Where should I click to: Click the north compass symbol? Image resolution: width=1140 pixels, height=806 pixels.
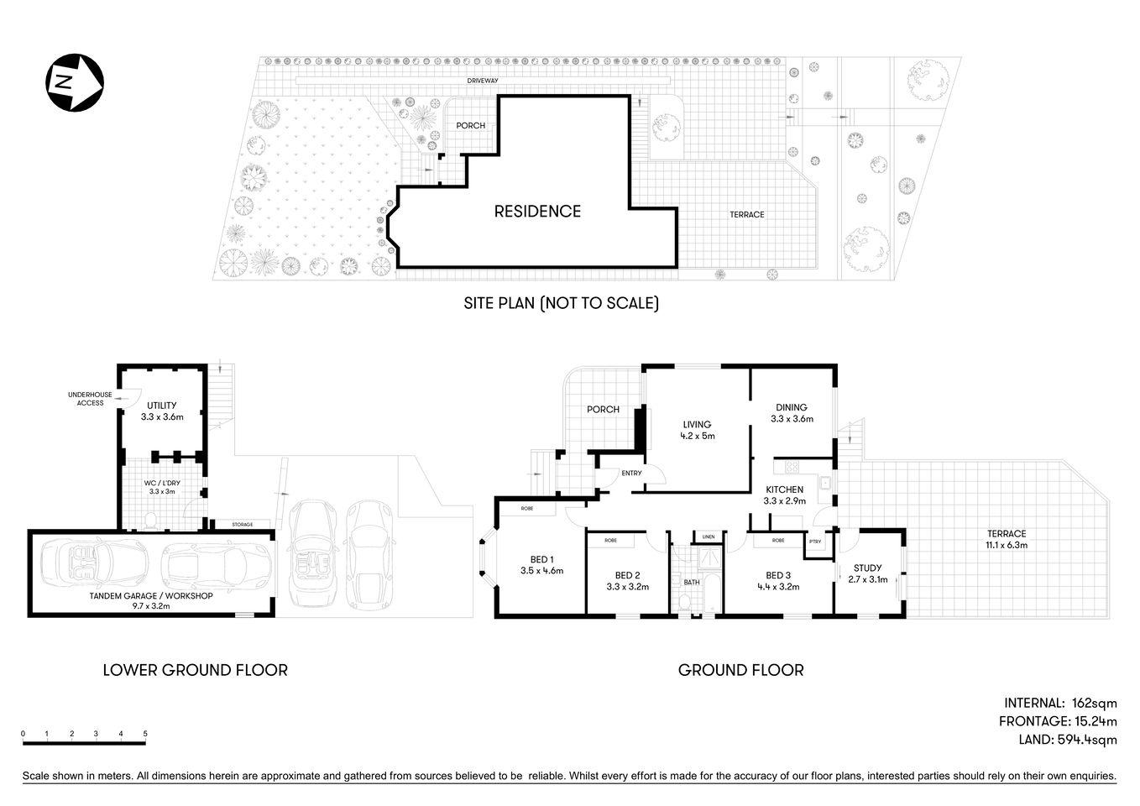[x=74, y=81]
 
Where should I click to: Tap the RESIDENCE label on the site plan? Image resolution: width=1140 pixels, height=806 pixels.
[x=537, y=212]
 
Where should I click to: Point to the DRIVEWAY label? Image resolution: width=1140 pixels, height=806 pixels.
[x=484, y=81]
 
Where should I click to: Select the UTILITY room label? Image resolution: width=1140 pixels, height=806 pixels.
[x=161, y=406]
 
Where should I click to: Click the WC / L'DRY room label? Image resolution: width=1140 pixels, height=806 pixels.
[x=162, y=483]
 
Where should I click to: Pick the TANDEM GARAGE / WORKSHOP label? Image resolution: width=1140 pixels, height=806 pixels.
[x=151, y=596]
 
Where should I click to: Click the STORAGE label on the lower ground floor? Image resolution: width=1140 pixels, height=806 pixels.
[x=243, y=525]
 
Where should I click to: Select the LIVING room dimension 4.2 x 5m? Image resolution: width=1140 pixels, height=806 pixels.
[x=697, y=436]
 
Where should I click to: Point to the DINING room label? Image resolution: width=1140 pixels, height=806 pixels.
[x=791, y=408]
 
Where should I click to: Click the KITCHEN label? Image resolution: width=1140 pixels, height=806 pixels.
[x=784, y=489]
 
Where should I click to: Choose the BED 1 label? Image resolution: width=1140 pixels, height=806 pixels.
[x=541, y=560]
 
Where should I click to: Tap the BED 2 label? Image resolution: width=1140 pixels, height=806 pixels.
[x=627, y=576]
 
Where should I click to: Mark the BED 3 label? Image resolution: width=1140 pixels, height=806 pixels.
[x=778, y=576]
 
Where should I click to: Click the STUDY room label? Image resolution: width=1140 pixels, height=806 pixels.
[x=867, y=568]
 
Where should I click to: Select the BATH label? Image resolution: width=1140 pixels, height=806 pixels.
[x=692, y=582]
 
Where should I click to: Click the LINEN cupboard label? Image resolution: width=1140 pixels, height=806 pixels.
[x=709, y=536]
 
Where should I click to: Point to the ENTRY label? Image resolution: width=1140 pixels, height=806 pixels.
[x=631, y=474]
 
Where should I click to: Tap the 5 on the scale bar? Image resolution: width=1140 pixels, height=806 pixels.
[x=145, y=734]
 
